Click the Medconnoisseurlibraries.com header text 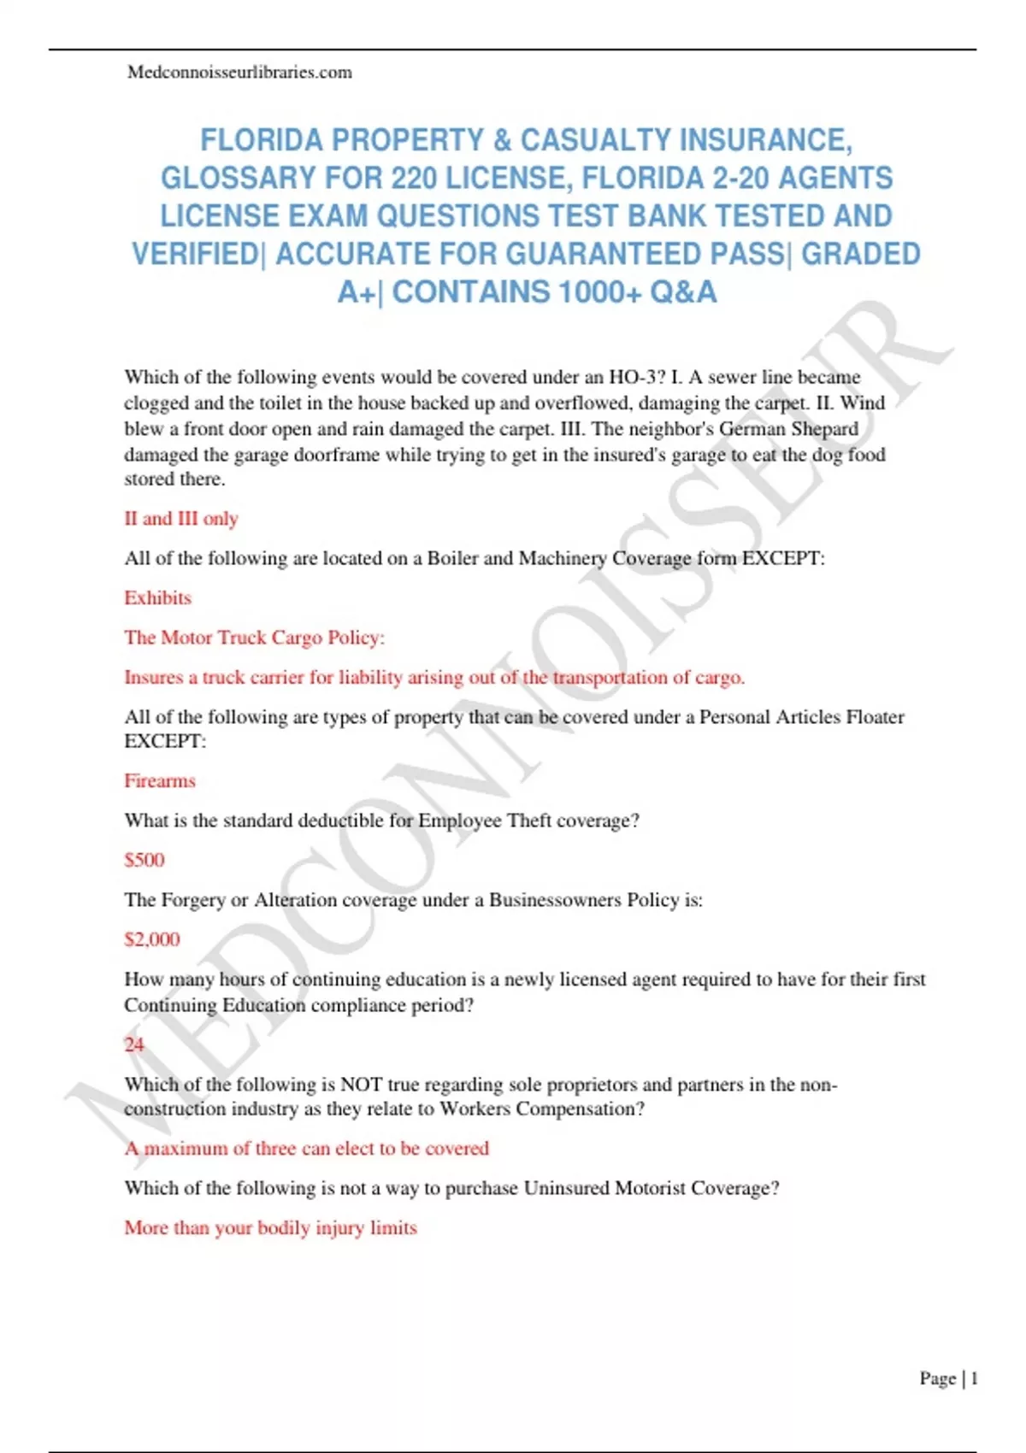pos(239,73)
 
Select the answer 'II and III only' pos(181,519)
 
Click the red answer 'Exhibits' pos(157,598)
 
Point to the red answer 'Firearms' pos(160,781)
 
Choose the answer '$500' pos(144,860)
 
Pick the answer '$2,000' pos(152,939)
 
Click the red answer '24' pos(134,1044)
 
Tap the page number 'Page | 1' pos(948,1379)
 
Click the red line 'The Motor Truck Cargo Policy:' pos(255,638)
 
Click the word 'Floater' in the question pos(875,717)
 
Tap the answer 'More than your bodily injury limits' pos(270,1228)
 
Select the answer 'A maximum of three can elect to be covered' pos(307,1149)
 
